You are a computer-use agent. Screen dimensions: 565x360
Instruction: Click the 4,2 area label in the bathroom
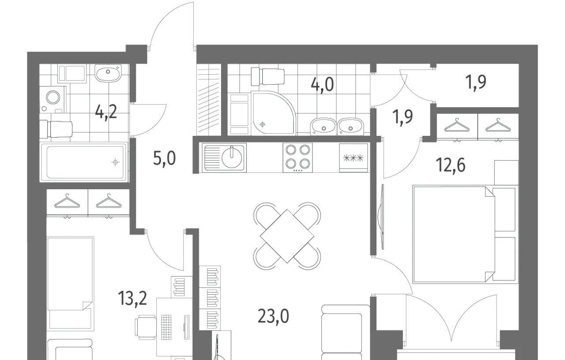click(106, 112)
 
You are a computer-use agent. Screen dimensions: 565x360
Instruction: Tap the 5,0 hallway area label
click(164, 158)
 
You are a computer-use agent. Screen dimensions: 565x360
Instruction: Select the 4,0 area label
click(322, 84)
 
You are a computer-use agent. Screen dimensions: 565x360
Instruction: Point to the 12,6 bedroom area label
click(451, 165)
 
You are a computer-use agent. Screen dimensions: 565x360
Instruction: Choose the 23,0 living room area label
click(273, 316)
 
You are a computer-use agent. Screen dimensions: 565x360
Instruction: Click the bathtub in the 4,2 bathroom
click(83, 161)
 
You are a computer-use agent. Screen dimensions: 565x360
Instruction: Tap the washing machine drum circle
click(53, 97)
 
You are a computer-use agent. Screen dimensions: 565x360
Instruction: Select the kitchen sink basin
click(232, 158)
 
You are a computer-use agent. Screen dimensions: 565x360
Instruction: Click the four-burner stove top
click(298, 157)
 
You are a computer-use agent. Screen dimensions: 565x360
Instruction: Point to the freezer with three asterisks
click(354, 158)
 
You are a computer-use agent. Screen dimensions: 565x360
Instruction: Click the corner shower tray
click(273, 112)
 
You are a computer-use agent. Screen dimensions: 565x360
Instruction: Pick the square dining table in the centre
click(287, 236)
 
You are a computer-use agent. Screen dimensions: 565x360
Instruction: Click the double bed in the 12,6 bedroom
click(453, 234)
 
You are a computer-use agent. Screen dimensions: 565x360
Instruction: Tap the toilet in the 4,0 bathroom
click(267, 76)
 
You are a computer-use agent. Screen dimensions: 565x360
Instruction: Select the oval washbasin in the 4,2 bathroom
click(108, 73)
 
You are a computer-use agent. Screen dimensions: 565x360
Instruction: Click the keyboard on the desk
click(166, 327)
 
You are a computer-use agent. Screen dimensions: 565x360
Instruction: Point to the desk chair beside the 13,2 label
click(145, 327)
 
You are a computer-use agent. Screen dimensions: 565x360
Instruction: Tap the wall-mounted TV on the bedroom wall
click(382, 217)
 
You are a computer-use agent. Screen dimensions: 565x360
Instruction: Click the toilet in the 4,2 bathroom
click(56, 130)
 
